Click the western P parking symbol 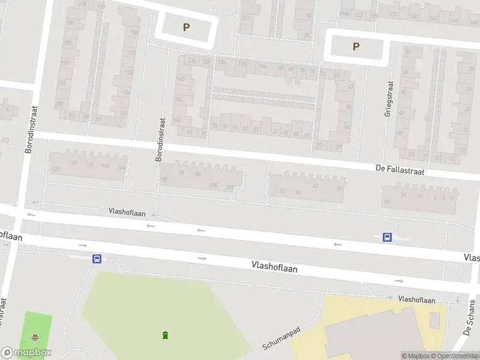(186, 27)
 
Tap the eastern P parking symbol (356, 46)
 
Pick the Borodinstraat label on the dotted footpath (160, 140)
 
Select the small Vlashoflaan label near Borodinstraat (128, 211)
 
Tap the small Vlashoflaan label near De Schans (416, 299)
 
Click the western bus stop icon (96, 259)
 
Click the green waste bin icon (165, 334)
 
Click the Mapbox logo (26, 353)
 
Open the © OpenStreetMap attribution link (454, 356)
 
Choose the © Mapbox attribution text (415, 356)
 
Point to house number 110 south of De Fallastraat (105, 166)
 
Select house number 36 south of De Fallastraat (340, 188)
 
